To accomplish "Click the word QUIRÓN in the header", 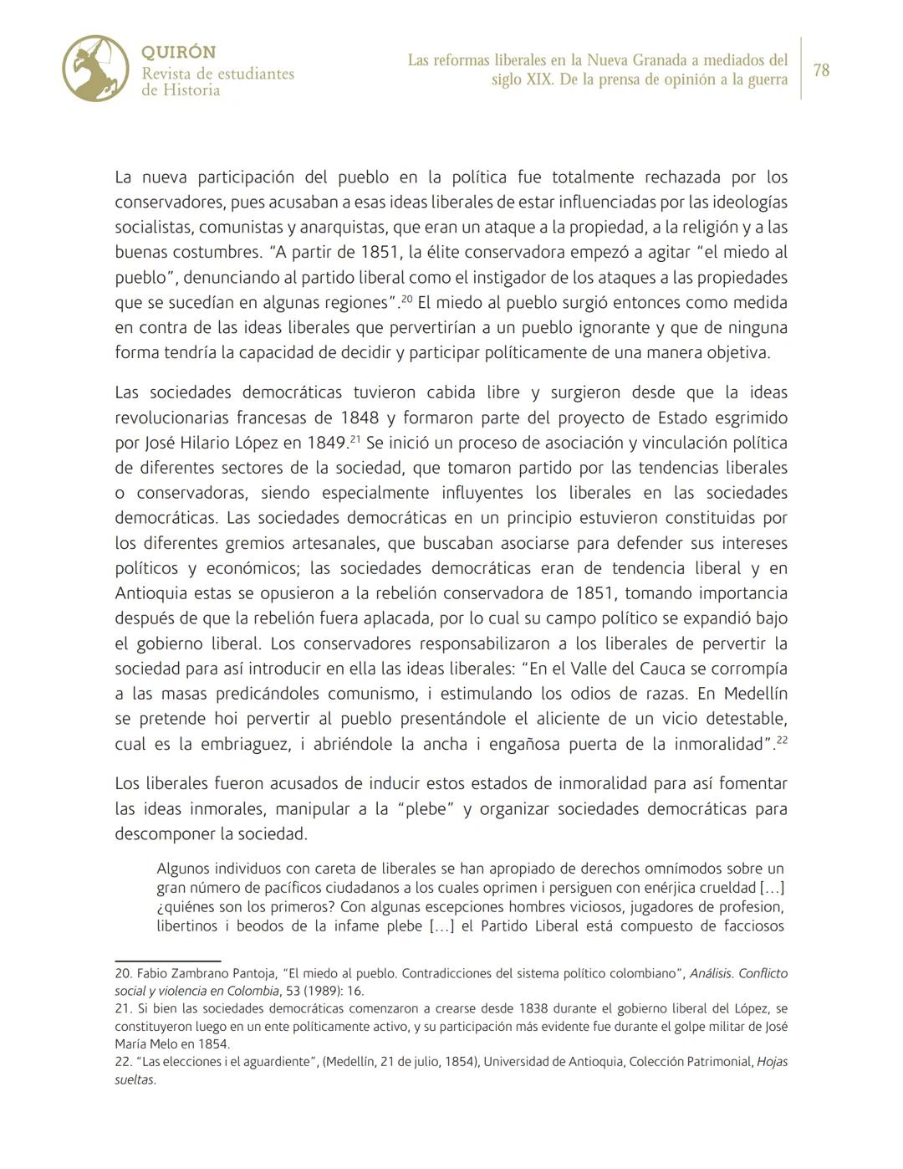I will [179, 52].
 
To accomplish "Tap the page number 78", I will [821, 70].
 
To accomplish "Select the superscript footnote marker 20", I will [406, 298].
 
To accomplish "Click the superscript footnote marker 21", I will [355, 438].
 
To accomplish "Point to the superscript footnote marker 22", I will [782, 740].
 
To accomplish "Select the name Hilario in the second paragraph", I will [207, 443].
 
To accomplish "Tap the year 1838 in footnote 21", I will [535, 1008].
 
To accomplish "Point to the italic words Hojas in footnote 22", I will [772, 1061].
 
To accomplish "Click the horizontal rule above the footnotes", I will [167, 961].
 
